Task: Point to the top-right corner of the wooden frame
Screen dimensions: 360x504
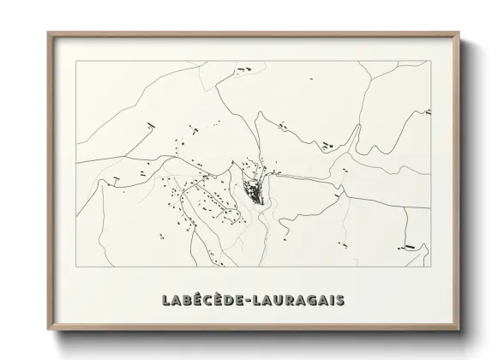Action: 460,33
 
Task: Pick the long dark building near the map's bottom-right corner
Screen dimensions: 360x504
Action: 410,247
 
